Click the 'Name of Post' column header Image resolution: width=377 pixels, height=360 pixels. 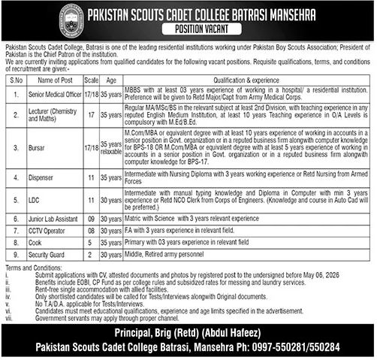[x=54, y=79]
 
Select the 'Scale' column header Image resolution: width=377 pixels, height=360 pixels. [x=91, y=79]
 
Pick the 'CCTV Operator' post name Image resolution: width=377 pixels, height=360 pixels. [x=47, y=231]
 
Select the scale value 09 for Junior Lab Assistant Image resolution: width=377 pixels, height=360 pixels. [x=91, y=219]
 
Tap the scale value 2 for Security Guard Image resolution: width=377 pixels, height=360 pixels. [x=91, y=255]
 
